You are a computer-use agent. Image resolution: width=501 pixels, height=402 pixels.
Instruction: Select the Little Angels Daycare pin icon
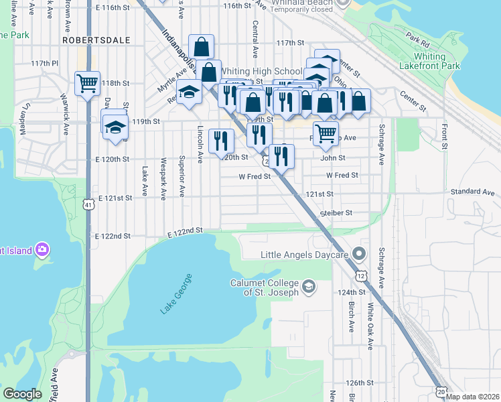(359, 254)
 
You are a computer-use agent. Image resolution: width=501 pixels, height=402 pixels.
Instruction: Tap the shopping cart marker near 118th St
(88, 84)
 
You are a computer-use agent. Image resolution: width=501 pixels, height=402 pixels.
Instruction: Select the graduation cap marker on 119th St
(115, 127)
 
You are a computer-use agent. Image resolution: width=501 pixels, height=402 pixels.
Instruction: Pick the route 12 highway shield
(362, 276)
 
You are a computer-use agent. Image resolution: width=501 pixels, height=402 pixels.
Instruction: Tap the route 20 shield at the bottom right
(440, 391)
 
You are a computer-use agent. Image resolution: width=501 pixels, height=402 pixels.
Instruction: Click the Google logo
(22, 394)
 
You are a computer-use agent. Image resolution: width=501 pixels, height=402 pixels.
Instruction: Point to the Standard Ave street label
(472, 192)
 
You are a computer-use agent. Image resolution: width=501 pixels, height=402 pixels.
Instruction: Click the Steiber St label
(336, 212)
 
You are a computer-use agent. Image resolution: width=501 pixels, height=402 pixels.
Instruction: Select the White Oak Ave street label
(370, 326)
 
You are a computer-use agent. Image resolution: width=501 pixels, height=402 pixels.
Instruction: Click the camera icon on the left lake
(42, 250)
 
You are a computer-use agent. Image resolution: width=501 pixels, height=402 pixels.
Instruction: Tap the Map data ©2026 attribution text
(473, 397)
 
